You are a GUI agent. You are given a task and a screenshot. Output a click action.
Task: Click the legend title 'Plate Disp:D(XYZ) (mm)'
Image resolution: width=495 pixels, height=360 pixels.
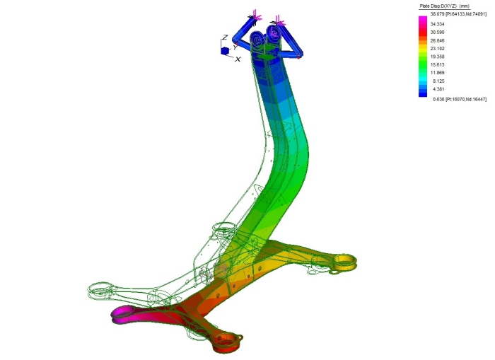click(444, 6)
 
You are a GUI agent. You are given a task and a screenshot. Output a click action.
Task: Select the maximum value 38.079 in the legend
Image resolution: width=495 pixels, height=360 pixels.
click(437, 14)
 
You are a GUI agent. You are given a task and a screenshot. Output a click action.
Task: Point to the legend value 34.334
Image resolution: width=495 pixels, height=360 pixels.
click(437, 24)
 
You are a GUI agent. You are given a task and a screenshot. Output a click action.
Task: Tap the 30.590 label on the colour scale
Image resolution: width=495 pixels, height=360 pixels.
click(437, 33)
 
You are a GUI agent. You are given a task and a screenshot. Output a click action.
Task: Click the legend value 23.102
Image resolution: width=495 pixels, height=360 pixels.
click(437, 49)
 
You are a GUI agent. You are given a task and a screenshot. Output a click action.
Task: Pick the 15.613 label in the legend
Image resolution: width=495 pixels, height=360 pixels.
click(437, 65)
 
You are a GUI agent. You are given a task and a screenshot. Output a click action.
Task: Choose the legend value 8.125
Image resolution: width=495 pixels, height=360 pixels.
click(438, 81)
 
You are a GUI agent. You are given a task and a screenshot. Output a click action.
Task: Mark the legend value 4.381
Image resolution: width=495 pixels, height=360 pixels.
click(438, 89)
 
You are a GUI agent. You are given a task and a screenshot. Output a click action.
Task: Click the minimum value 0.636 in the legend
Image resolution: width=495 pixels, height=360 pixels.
click(438, 99)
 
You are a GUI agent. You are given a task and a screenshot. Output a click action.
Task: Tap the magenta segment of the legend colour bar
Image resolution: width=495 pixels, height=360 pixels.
click(423, 20)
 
